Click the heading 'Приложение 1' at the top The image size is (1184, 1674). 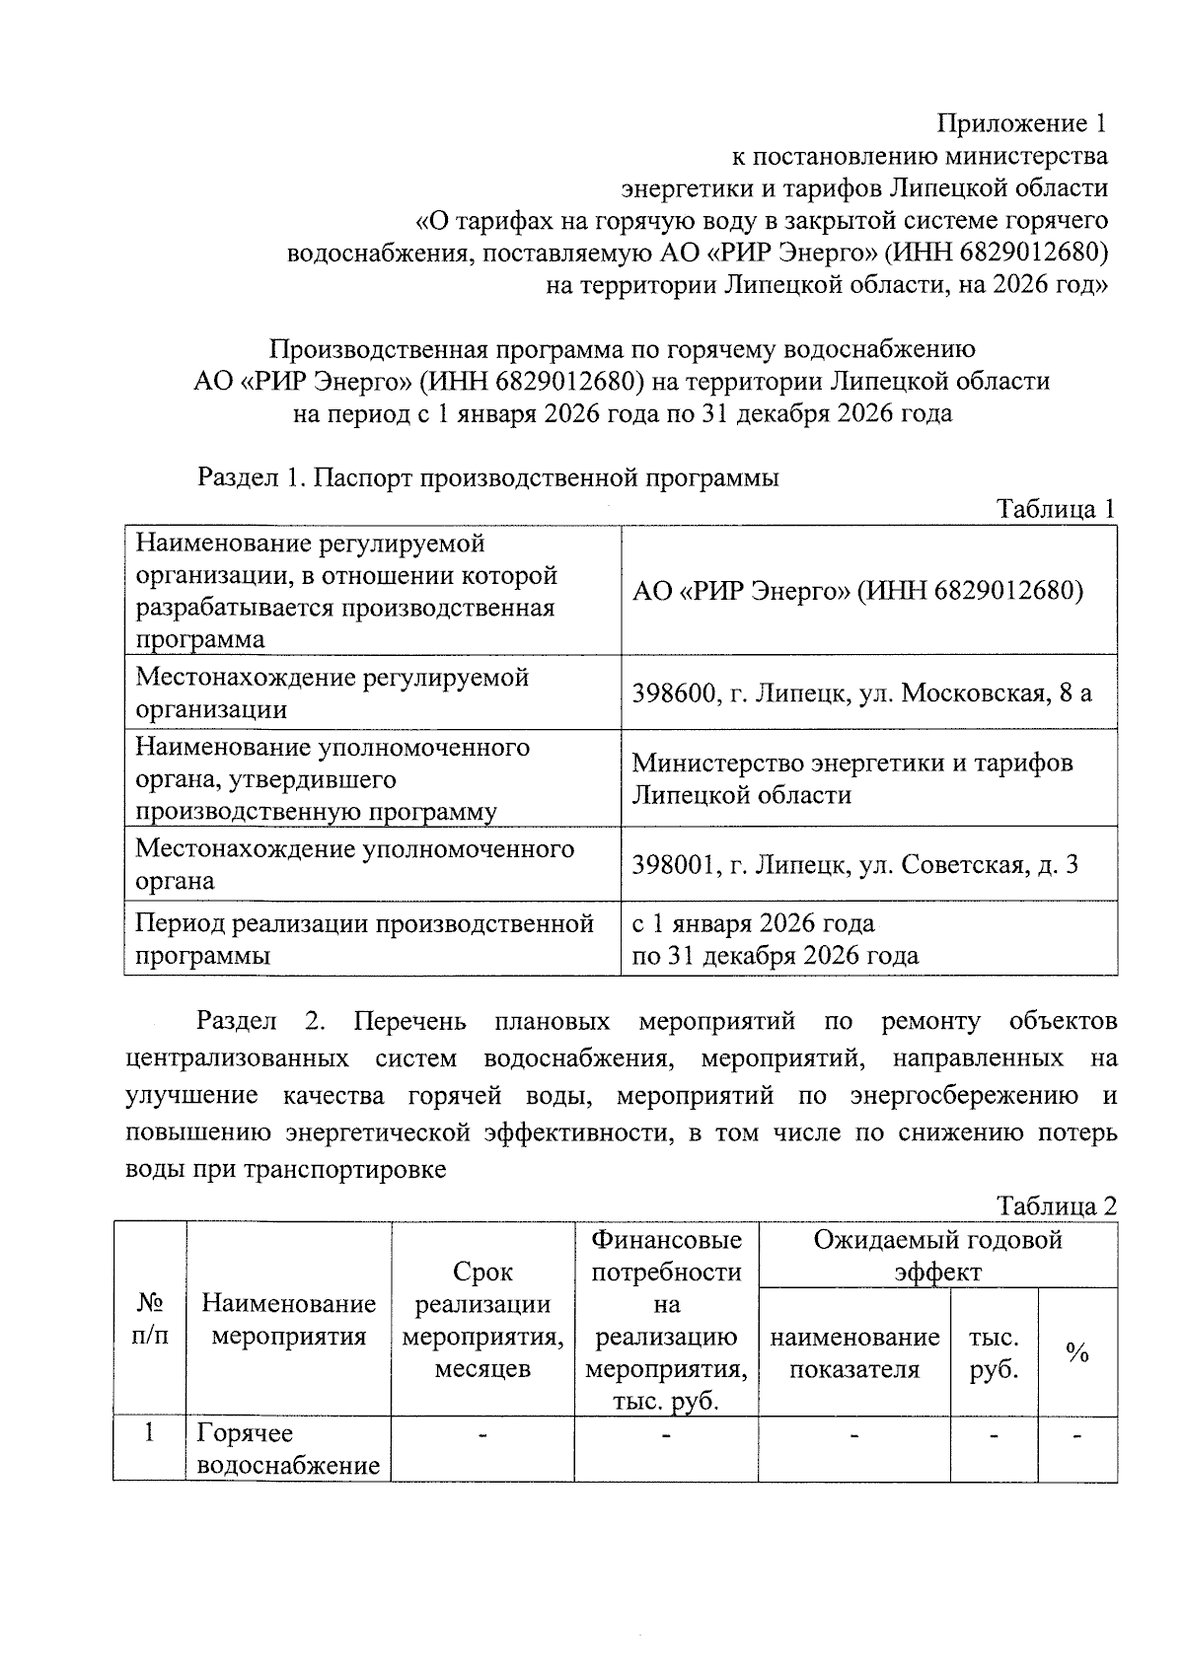pyautogui.click(x=1021, y=123)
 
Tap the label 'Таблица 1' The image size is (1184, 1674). pyautogui.click(x=1055, y=509)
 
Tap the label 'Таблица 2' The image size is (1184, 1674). pyautogui.click(x=1056, y=1205)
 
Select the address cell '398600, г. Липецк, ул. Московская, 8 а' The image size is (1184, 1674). pyautogui.click(x=861, y=692)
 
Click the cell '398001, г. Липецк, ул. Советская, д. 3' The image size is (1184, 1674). pyautogui.click(x=854, y=865)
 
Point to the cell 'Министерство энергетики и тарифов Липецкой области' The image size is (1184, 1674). pyautogui.click(x=851, y=778)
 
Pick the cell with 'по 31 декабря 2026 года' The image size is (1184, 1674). pyautogui.click(x=775, y=955)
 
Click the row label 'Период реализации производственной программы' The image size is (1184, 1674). pyautogui.click(x=364, y=938)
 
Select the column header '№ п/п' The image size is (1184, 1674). pyautogui.click(x=150, y=1320)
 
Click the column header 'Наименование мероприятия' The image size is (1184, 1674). pyautogui.click(x=288, y=1320)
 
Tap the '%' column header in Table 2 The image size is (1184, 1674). pyautogui.click(x=1077, y=1352)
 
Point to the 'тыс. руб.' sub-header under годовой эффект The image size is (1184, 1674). pyautogui.click(x=994, y=1352)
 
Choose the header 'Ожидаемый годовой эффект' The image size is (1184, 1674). pyautogui.click(x=937, y=1255)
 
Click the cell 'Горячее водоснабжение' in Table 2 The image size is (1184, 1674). pyautogui.click(x=288, y=1448)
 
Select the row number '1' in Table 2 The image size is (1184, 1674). pyautogui.click(x=150, y=1432)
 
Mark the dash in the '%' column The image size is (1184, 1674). pyautogui.click(x=1077, y=1435)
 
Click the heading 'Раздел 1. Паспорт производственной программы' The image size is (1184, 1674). pyautogui.click(x=488, y=477)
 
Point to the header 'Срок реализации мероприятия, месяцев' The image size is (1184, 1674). pyautogui.click(x=482, y=1320)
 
